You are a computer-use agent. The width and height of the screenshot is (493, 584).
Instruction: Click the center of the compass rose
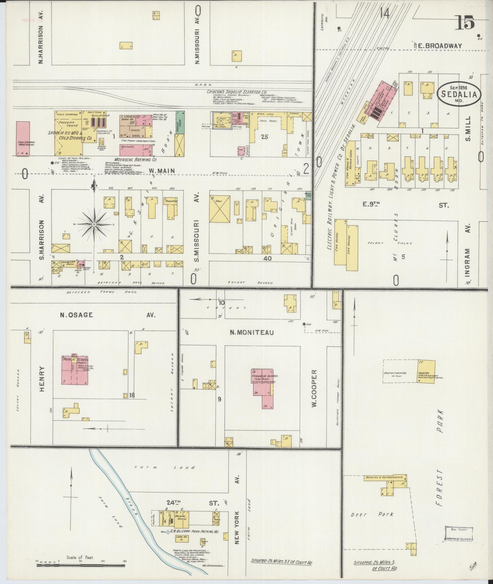click(x=94, y=225)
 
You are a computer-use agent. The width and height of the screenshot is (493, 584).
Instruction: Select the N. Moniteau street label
click(x=252, y=332)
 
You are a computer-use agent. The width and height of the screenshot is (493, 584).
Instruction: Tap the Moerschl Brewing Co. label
click(x=135, y=160)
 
